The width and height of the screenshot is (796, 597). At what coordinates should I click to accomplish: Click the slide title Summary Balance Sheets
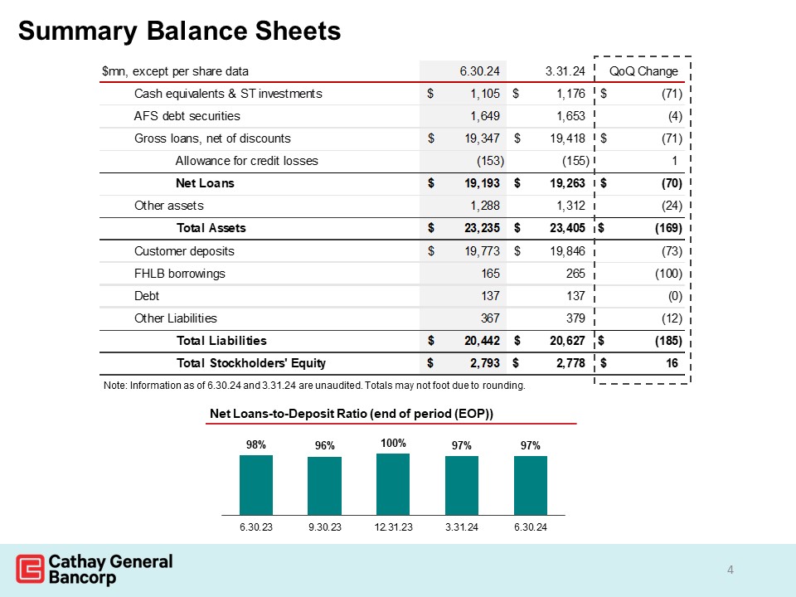179,31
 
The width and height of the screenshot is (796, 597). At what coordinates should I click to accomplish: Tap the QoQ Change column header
643,70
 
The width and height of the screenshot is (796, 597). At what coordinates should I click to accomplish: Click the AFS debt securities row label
187,116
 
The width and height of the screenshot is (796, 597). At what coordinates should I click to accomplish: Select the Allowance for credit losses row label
246,160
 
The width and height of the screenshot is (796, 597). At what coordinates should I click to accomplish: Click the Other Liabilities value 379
571,318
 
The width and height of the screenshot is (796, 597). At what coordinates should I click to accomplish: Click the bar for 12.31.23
393,483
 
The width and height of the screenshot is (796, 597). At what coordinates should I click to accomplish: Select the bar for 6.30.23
256,484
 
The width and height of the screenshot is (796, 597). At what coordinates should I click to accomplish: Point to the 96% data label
324,445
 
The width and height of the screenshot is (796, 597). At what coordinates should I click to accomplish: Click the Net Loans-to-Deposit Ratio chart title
352,414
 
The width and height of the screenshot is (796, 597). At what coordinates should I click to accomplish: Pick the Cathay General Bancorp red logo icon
31,569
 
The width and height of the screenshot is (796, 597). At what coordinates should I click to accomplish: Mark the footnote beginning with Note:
313,386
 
